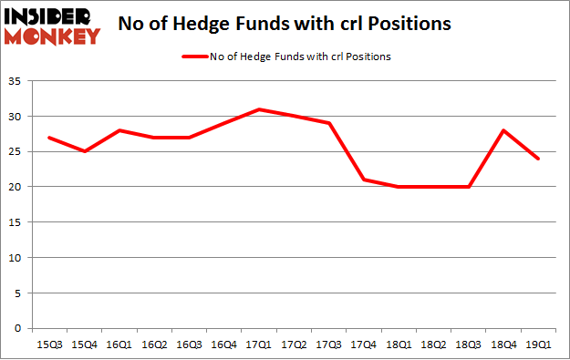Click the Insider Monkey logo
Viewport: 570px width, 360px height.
click(52, 25)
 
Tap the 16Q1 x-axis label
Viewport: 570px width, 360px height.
click(116, 345)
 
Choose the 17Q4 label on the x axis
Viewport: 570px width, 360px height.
click(365, 345)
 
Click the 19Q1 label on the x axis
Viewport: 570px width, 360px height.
click(538, 345)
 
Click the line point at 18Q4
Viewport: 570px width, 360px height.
click(503, 130)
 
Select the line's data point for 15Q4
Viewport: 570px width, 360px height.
click(84, 151)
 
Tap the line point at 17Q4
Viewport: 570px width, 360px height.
click(365, 180)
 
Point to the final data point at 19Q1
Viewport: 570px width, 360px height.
click(538, 159)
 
